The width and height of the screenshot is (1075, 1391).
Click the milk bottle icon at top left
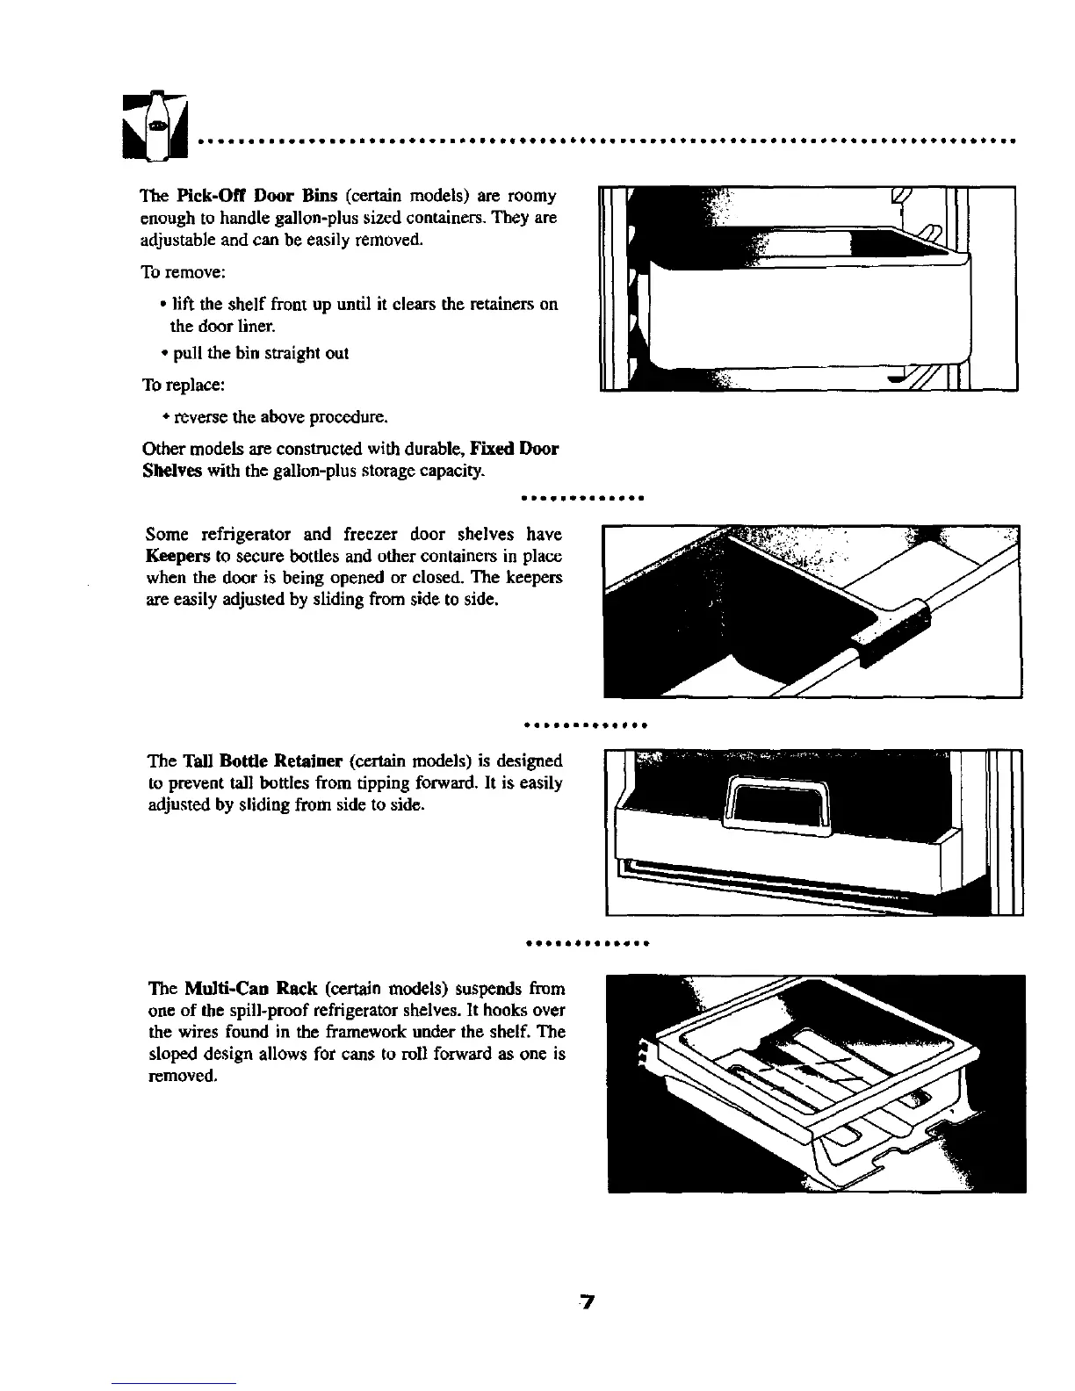(x=156, y=126)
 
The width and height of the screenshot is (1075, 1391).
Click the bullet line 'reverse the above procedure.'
(x=280, y=415)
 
